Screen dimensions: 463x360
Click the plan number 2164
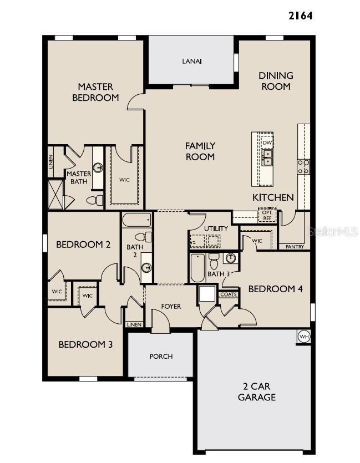300,16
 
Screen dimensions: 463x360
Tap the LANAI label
191,61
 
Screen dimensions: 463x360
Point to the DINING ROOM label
276,81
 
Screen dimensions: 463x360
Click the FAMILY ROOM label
200,151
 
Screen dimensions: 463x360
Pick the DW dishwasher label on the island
267,143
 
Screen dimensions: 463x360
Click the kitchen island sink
267,157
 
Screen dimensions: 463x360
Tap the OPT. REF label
266,215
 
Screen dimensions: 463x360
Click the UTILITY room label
216,228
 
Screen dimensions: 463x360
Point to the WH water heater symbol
304,337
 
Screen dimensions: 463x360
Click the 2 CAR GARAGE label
257,392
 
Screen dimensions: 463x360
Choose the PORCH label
161,357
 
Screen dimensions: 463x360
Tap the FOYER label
171,307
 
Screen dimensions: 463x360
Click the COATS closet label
229,294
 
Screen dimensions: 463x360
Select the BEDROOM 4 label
276,289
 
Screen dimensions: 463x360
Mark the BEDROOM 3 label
86,344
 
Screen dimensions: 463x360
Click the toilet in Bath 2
140,237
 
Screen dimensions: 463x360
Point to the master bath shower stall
55,194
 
